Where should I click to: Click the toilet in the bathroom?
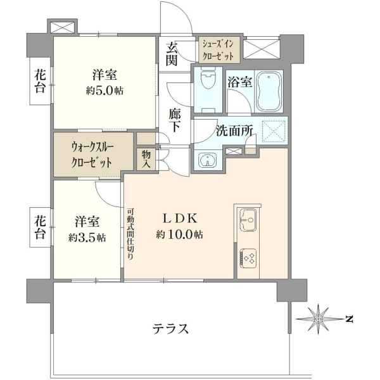(208, 79)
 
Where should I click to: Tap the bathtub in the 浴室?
(269, 91)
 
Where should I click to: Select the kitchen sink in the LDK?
(248, 220)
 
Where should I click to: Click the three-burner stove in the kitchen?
(248, 258)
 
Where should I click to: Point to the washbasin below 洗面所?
(208, 160)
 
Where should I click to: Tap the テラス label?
(170, 329)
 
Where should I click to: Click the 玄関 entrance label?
(172, 54)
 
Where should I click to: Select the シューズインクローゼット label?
(218, 50)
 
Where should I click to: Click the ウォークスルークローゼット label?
(92, 155)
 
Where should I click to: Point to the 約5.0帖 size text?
(104, 91)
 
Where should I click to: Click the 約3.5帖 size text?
(87, 238)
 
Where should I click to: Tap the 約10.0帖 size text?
(179, 234)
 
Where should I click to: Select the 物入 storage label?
(146, 159)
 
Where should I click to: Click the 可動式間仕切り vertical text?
(130, 233)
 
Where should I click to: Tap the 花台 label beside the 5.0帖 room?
(40, 81)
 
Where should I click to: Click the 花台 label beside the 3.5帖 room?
(40, 228)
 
